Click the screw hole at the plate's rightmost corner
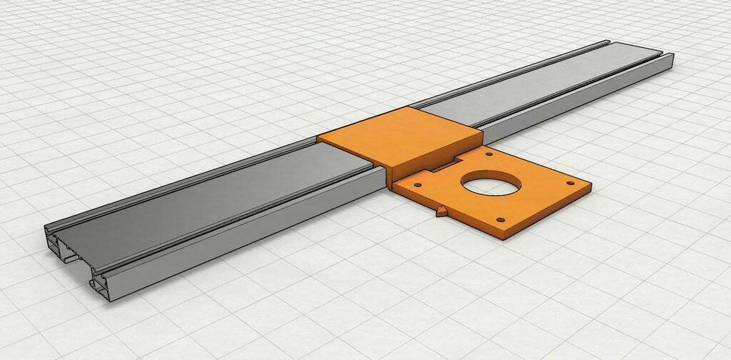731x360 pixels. (570, 184)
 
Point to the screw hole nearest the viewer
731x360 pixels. (500, 219)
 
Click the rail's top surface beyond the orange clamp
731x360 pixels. (543, 86)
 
